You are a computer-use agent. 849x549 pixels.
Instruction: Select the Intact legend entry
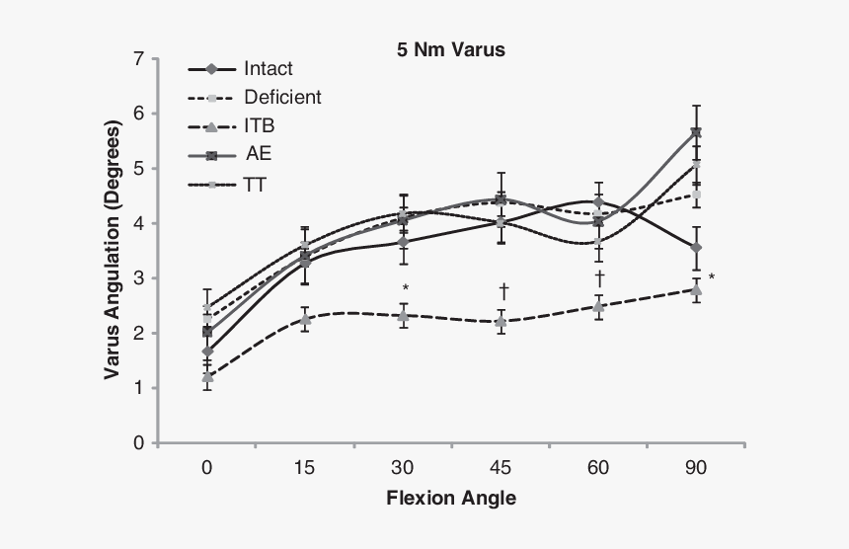268,69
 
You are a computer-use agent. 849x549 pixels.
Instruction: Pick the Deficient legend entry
281,97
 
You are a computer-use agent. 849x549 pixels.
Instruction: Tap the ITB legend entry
262,125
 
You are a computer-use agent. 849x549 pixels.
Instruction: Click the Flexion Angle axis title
451,498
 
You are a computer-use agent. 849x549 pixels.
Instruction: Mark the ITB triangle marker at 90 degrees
696,290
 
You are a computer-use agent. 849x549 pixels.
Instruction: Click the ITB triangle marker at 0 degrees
207,377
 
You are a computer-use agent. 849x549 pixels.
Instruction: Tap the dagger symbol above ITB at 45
502,289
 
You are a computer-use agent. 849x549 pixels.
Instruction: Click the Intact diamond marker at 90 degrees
696,248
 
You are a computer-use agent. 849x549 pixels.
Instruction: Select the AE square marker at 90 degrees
696,132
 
